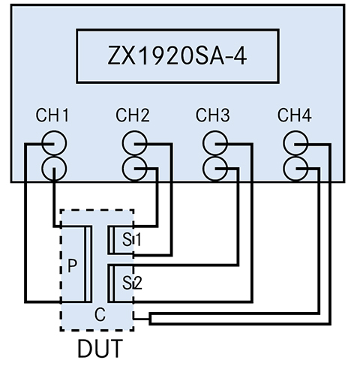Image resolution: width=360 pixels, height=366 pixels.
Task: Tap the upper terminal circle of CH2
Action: (x=135, y=142)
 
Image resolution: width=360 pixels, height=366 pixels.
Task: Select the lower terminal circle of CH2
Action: (x=135, y=166)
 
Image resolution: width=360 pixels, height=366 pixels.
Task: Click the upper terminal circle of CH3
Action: (x=215, y=142)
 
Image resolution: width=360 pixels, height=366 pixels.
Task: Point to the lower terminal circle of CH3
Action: (x=215, y=166)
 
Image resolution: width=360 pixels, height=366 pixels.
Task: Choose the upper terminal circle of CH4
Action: (x=295, y=142)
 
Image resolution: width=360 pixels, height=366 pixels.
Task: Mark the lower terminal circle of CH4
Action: (x=295, y=166)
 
